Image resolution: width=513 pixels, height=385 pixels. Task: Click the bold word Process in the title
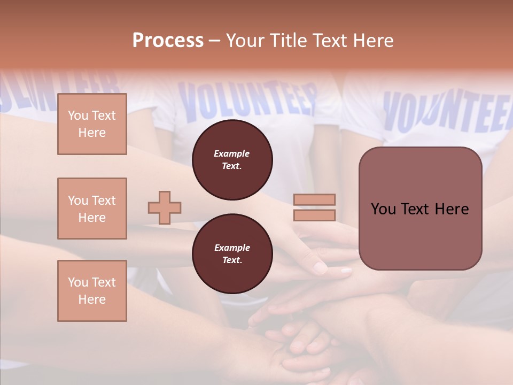168,40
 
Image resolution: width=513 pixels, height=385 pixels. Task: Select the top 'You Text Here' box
92,124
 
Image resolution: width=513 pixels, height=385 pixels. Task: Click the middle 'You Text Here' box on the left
92,209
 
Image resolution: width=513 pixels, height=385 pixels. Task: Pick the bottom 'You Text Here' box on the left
92,291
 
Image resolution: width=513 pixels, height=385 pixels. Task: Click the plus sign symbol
164,207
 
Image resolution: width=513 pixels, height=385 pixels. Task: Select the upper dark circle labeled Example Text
232,160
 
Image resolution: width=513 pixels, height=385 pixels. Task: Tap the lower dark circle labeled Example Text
232,254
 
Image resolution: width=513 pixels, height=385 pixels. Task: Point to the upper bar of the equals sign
314,200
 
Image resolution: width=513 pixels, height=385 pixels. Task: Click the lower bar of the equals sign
314,215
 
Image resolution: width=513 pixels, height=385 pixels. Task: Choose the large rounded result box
420,209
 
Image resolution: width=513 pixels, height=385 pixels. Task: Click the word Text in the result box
420,209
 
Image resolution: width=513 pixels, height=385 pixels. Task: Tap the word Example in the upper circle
232,153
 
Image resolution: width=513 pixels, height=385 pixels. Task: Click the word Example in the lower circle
232,248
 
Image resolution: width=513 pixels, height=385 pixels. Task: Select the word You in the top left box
77,115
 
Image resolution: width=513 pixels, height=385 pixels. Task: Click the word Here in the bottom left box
92,299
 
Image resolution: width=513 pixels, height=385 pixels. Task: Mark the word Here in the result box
452,209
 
